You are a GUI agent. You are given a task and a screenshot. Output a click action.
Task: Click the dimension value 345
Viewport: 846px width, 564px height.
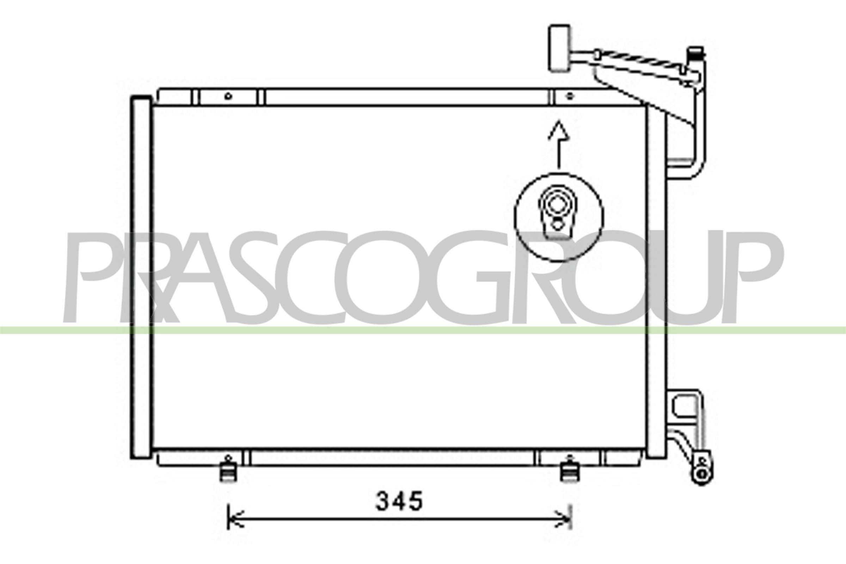[x=399, y=501]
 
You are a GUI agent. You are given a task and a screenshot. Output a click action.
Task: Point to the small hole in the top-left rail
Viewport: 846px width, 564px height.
[x=228, y=96]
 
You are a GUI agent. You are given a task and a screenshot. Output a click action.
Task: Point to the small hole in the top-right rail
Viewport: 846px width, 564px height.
[x=570, y=96]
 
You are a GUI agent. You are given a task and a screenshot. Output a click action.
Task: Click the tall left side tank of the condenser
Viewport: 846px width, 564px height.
[x=141, y=277]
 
